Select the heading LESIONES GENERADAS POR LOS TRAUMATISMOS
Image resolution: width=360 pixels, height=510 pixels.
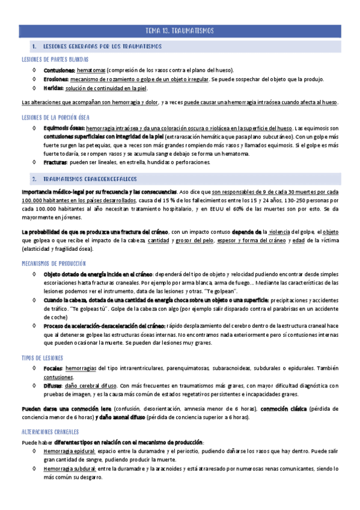click(102, 46)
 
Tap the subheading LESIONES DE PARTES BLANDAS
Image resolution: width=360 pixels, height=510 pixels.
click(55, 59)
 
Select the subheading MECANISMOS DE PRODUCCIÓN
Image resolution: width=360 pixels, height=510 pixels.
click(53, 263)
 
